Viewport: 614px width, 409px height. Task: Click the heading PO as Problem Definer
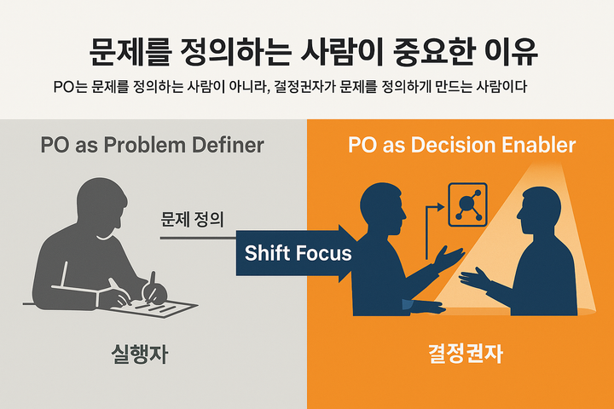(153, 145)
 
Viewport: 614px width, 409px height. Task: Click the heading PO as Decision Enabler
(461, 145)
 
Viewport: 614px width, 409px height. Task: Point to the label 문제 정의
(192, 219)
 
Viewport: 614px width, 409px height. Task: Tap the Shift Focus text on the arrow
(298, 252)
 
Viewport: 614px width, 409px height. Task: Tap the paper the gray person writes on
(166, 304)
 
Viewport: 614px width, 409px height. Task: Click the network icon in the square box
(468, 204)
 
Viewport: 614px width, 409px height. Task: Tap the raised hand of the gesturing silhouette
(448, 256)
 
